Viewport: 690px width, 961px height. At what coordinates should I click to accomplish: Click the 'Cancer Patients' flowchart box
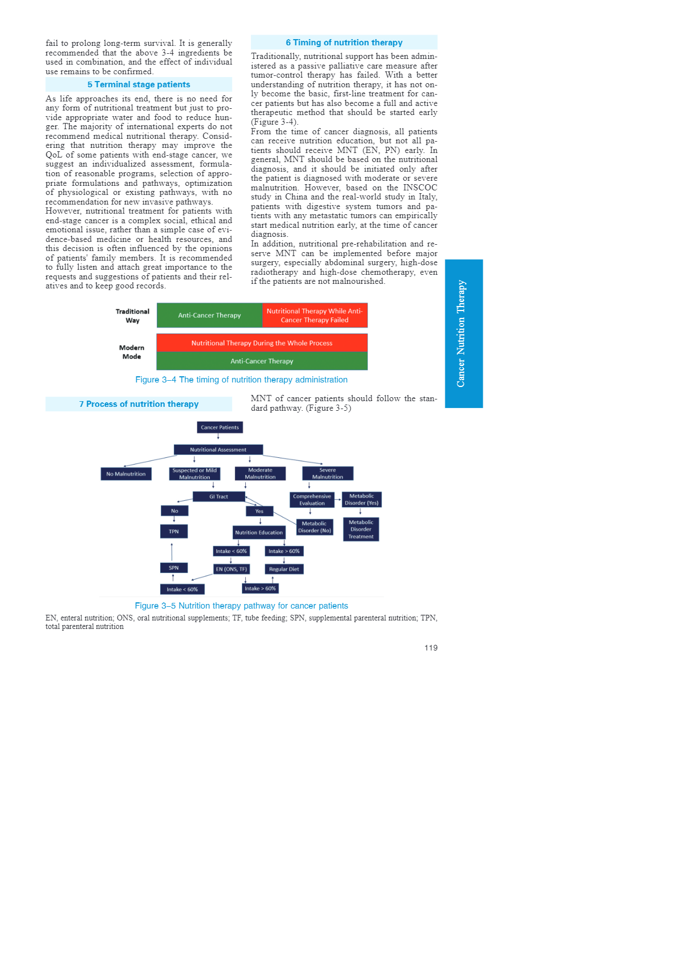[x=220, y=427]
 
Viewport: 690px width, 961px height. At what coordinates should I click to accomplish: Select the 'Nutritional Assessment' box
[x=218, y=449]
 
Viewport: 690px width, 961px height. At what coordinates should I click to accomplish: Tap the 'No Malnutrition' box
[x=126, y=474]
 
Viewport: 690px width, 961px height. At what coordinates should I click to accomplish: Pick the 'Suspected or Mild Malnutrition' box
[x=194, y=474]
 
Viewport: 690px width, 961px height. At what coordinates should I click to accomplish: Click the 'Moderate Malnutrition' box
[x=260, y=474]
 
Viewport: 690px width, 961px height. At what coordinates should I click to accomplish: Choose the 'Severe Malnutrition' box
[x=327, y=473]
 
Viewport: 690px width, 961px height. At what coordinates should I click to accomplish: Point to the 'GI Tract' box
[x=218, y=496]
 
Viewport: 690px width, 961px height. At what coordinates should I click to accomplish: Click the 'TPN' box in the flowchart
[x=174, y=531]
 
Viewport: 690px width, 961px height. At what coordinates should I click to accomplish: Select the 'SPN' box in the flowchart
[x=173, y=568]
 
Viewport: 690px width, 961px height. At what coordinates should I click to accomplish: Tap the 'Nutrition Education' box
[x=259, y=533]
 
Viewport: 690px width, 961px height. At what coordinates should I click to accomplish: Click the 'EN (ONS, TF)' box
[x=231, y=569]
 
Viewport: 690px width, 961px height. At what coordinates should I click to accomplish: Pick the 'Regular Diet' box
[x=284, y=569]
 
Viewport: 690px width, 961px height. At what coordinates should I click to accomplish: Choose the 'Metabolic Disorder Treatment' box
[x=361, y=529]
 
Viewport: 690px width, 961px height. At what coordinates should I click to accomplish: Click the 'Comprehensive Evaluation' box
[x=312, y=500]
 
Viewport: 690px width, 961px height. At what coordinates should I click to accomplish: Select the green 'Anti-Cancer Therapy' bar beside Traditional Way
[x=209, y=315]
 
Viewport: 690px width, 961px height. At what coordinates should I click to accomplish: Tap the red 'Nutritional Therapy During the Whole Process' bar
[x=262, y=343]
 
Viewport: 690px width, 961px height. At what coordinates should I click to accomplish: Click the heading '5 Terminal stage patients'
[x=139, y=84]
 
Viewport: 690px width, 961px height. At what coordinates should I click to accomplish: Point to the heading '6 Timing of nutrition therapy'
[x=344, y=42]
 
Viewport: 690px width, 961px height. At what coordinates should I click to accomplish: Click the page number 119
[x=431, y=648]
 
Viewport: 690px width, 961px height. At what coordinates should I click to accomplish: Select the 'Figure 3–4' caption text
[x=241, y=380]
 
